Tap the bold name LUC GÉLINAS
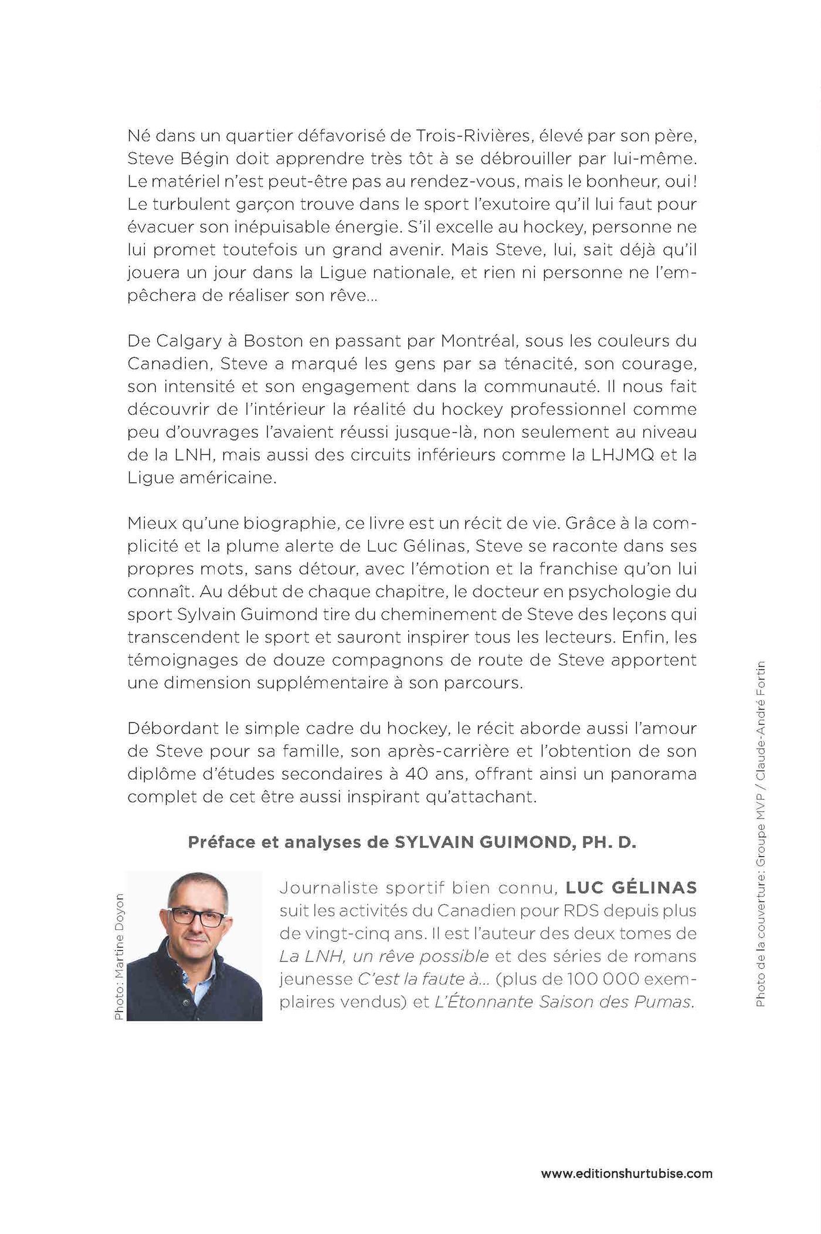click(x=631, y=888)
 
